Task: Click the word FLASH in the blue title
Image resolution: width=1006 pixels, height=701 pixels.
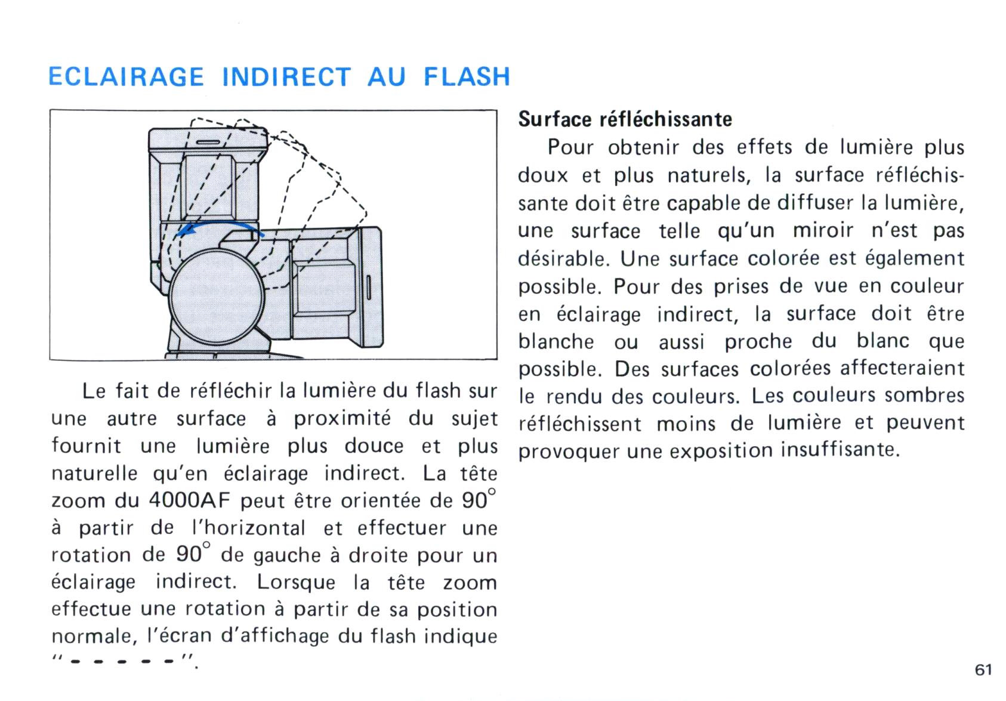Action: click(x=467, y=76)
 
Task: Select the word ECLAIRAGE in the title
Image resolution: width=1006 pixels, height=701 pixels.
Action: click(x=126, y=76)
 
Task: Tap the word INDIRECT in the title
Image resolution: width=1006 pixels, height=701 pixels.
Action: click(x=286, y=76)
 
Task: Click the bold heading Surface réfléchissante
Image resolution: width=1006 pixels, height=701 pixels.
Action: click(x=625, y=119)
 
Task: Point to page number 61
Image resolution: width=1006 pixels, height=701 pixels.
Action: click(x=983, y=670)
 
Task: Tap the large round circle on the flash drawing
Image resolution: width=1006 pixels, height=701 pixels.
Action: click(x=217, y=297)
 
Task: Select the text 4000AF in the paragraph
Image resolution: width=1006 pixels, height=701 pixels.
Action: click(x=190, y=501)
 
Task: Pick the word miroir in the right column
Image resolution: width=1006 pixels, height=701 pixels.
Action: click(x=823, y=231)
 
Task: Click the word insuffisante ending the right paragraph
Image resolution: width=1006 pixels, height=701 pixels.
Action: click(x=840, y=449)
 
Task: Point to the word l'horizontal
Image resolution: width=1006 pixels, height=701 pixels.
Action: click(x=248, y=528)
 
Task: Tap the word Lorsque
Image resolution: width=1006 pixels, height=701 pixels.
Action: click(x=296, y=583)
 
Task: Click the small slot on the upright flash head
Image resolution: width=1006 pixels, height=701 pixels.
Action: click(x=208, y=143)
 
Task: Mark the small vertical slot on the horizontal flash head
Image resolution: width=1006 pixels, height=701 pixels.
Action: click(x=369, y=288)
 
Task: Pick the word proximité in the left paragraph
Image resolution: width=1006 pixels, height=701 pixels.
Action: click(x=342, y=419)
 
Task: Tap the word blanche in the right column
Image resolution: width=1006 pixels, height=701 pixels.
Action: click(x=556, y=341)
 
